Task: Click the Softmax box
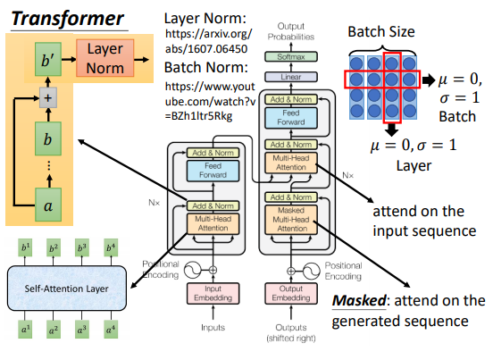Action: pos(291,57)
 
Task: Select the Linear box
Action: pos(291,77)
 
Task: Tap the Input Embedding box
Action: pos(213,293)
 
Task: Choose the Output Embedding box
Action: pos(291,293)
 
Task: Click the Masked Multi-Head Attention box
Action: pos(291,220)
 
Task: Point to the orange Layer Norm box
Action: pos(105,58)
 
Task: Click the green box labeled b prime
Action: pos(48,60)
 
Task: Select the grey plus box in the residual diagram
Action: pos(48,97)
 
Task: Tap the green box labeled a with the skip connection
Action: pos(48,205)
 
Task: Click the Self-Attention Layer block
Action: pos(67,289)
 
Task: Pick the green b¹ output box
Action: pos(25,247)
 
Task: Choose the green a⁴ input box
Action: pos(111,330)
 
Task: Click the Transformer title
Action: pos(68,19)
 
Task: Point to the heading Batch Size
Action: pos(381,31)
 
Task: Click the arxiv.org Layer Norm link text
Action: pos(208,41)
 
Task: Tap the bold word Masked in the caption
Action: pos(359,300)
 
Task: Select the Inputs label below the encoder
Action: pos(213,328)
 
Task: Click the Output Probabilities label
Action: pos(291,31)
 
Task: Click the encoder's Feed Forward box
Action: pos(213,171)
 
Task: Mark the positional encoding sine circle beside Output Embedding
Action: pos(312,271)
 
